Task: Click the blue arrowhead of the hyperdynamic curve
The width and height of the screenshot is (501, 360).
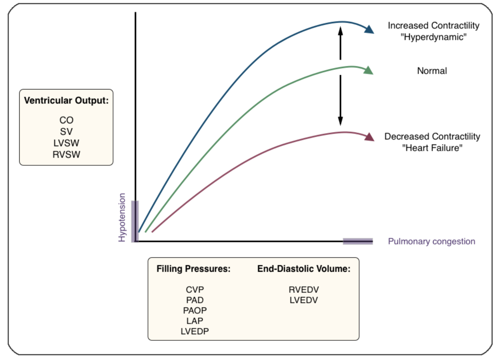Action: [x=369, y=30]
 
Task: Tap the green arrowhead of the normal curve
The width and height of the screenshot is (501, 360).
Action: [x=368, y=70]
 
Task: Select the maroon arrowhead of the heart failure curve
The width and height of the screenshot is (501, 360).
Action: [x=370, y=137]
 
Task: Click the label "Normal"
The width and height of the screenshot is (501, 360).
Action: [x=432, y=71]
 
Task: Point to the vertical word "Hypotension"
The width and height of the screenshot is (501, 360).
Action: [x=122, y=217]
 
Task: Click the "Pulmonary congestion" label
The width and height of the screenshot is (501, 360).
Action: [x=432, y=241]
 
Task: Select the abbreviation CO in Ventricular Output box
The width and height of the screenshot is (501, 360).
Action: [x=66, y=120]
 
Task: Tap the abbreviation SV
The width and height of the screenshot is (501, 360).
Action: [x=66, y=132]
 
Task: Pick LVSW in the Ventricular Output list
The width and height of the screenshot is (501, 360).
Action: [x=66, y=143]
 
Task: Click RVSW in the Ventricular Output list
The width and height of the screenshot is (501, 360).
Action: [x=66, y=154]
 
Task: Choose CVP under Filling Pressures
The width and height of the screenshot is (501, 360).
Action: [x=195, y=290]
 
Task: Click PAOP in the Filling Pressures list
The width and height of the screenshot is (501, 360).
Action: [x=195, y=310]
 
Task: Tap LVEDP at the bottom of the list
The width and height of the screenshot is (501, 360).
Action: [x=195, y=331]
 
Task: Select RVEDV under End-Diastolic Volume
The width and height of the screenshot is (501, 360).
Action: [x=303, y=290]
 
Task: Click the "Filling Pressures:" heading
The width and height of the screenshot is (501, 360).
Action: [x=193, y=269]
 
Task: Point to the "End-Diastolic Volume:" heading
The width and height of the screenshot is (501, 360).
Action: [x=303, y=269]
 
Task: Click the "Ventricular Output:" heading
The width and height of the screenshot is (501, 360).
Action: [x=66, y=101]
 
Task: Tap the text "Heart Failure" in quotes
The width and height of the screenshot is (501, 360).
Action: [x=432, y=148]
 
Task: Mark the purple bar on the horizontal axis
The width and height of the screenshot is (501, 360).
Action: [x=358, y=241]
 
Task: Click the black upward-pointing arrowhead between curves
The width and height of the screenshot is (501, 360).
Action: [x=340, y=31]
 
